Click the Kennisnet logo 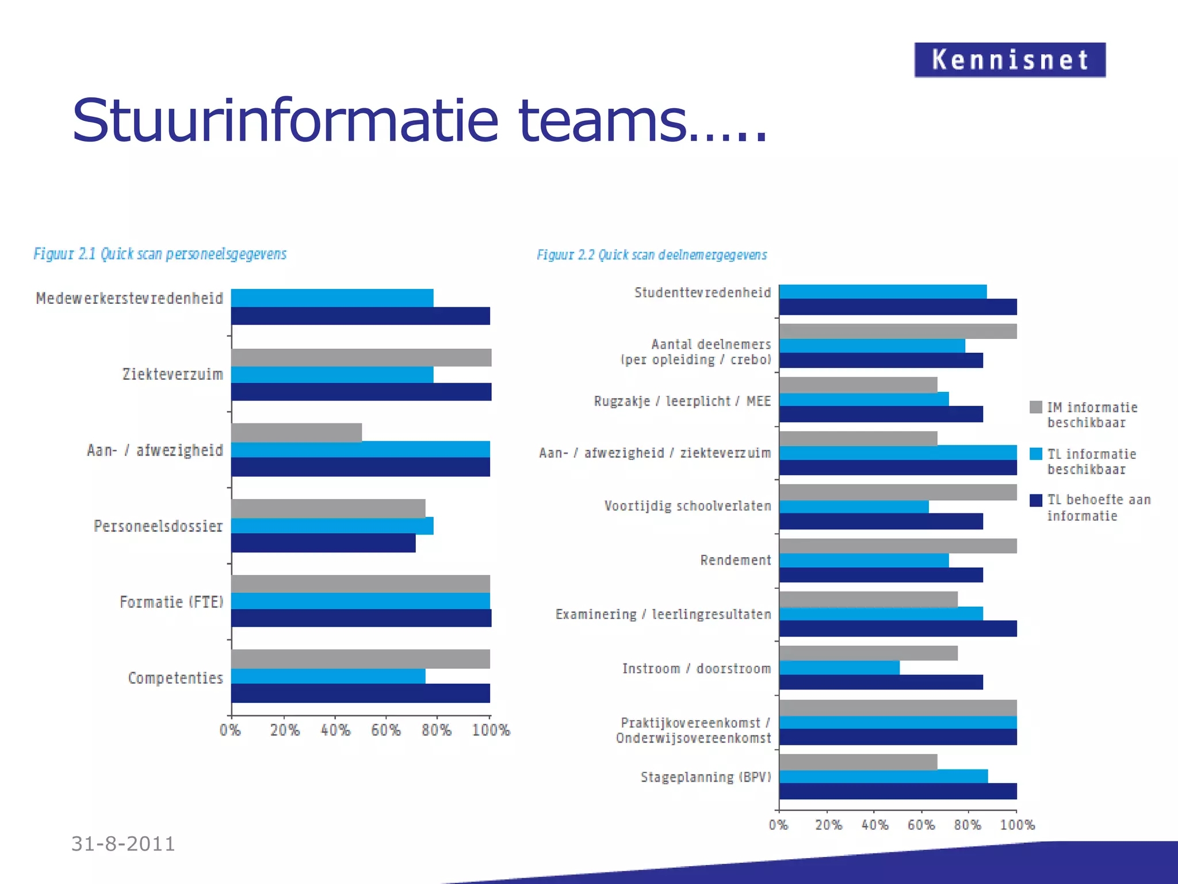coord(1009,60)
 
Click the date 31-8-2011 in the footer coord(123,844)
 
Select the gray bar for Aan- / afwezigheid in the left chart coord(297,432)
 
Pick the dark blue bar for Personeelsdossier coord(323,543)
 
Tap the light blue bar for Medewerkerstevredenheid coord(332,298)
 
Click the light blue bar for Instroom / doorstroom coord(839,668)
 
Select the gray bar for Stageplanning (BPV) coord(858,762)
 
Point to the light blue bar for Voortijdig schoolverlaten coord(854,506)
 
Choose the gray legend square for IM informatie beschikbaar coord(1036,407)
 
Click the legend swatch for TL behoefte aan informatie coord(1036,500)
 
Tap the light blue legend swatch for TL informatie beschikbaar coord(1036,454)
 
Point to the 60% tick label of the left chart coord(385,730)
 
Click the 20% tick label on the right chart coord(828,825)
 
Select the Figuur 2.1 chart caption coord(160,254)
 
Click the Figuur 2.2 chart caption coord(652,255)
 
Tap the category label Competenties coord(175,678)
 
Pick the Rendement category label coord(735,560)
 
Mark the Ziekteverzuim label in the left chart coord(173,375)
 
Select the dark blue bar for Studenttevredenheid coord(897,307)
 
